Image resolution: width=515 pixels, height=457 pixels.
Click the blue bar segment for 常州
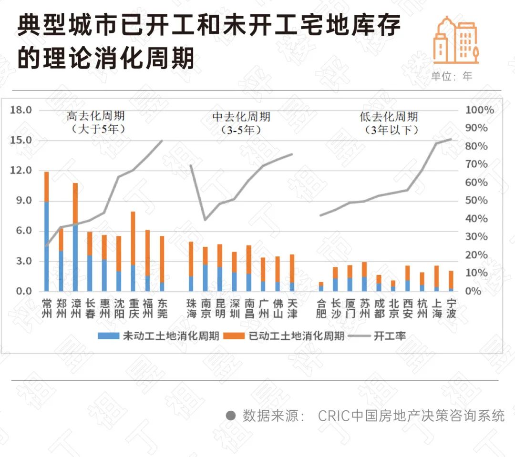46,246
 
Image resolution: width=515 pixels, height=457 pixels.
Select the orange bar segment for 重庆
134,238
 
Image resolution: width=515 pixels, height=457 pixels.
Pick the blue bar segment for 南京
205,278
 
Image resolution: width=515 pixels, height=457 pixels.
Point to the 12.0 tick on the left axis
21,171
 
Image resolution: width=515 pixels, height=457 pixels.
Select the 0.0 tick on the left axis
21,291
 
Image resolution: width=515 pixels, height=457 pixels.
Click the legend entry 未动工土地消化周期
159,336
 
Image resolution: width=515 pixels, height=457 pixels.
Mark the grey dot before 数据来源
231,416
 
